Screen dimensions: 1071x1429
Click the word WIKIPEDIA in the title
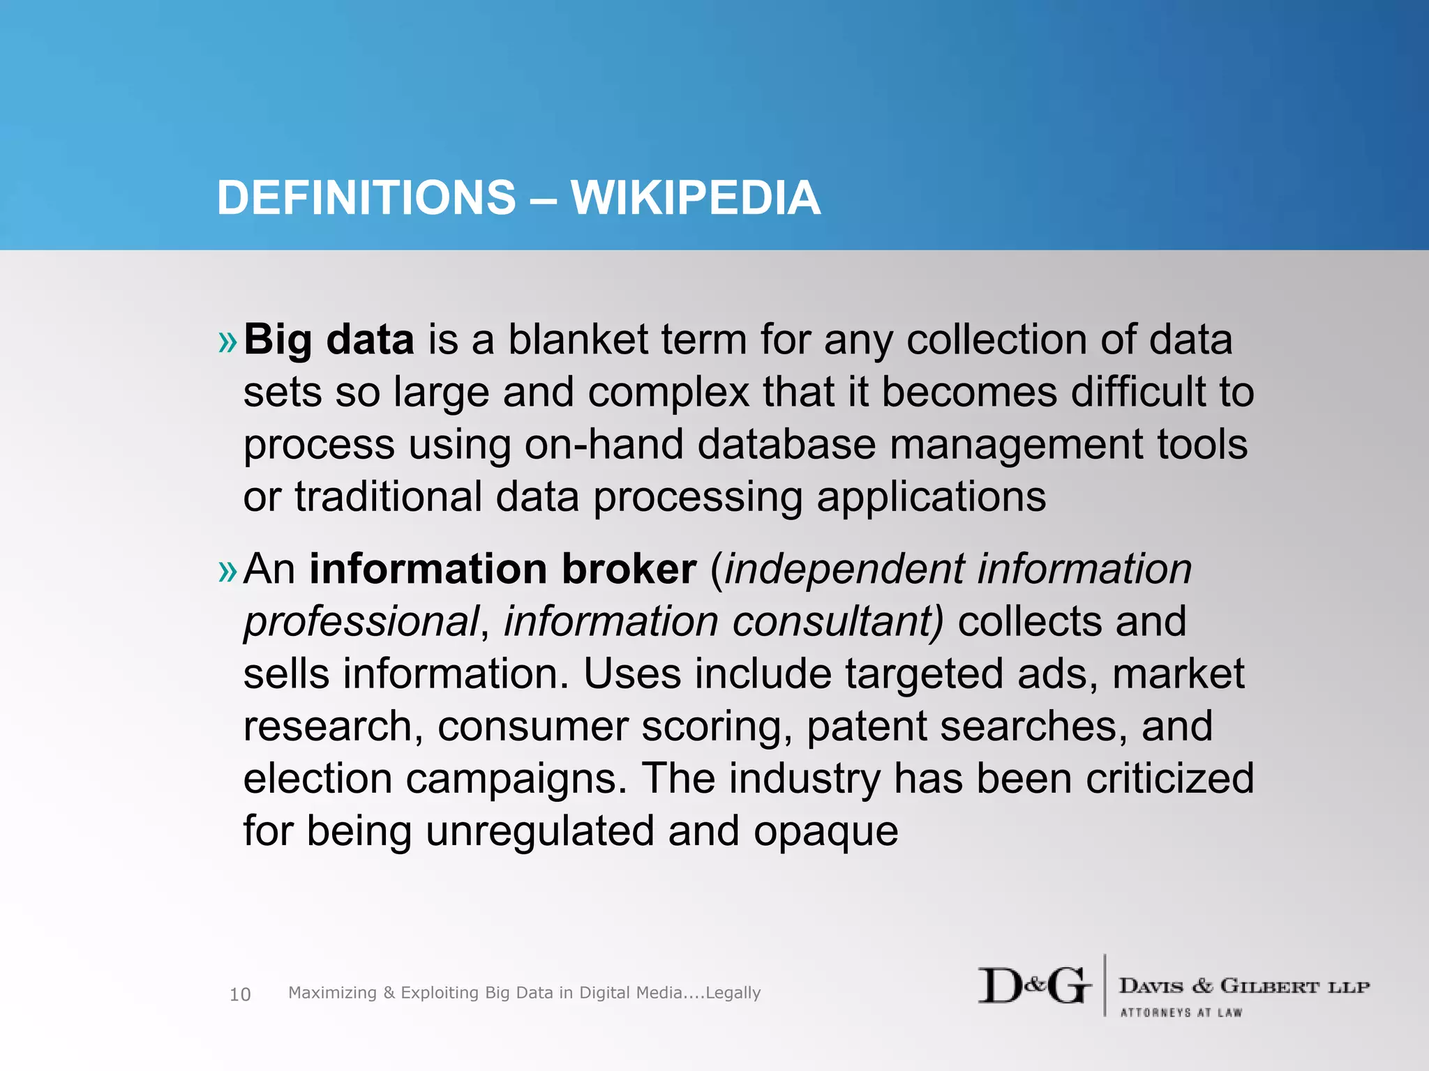coord(695,198)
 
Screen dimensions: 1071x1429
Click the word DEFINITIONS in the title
coord(366,198)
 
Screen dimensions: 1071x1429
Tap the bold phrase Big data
coord(329,340)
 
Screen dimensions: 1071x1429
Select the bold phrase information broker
coord(502,569)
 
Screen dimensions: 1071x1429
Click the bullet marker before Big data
coord(227,342)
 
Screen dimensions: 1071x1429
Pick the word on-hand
coord(604,445)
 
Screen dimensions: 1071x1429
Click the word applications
coord(931,498)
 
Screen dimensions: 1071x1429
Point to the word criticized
coord(1169,778)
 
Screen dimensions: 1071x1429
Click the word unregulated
coord(539,831)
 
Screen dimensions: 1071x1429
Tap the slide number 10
coord(240,994)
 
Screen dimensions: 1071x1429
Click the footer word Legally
coord(733,993)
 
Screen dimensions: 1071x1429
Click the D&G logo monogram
coord(1034,986)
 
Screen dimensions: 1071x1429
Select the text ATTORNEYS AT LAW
coord(1181,1012)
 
